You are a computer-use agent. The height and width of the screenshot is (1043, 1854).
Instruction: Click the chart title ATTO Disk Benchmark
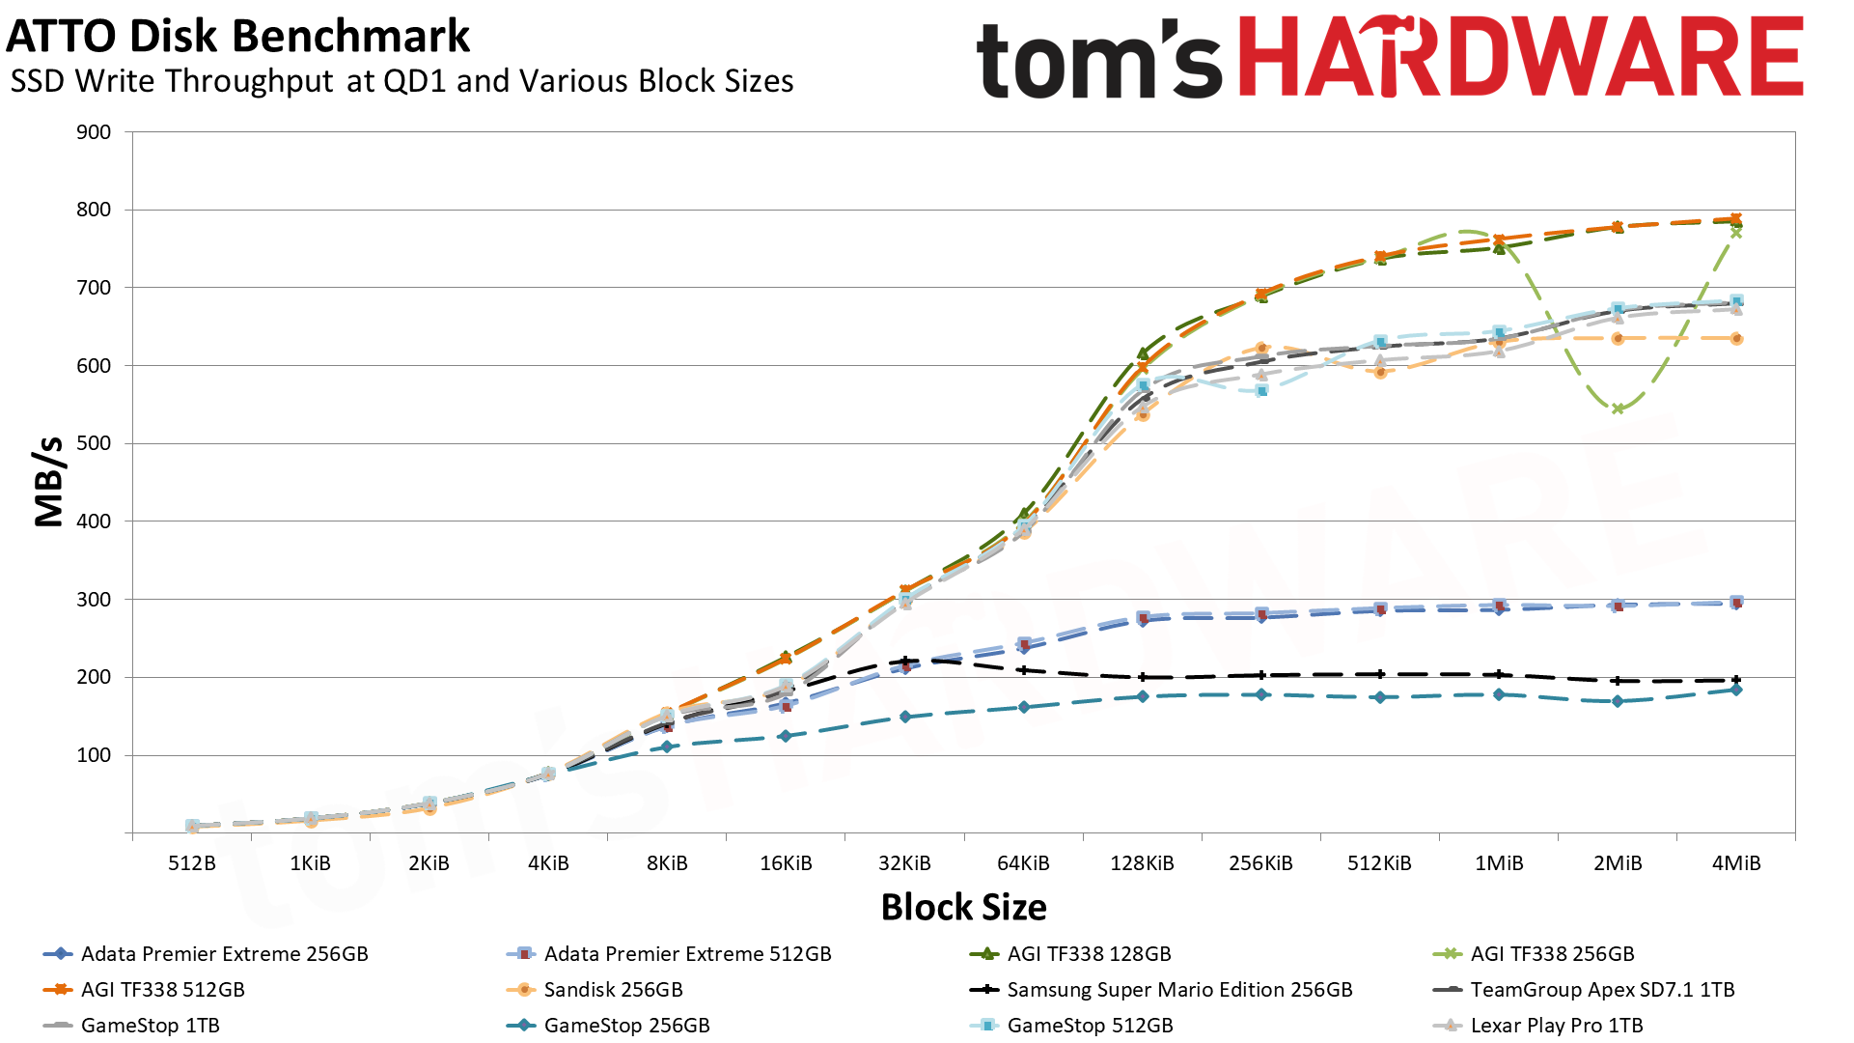(x=237, y=37)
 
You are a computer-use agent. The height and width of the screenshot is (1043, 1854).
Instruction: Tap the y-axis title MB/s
(x=48, y=482)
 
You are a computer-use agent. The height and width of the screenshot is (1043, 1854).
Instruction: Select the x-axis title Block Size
(x=963, y=907)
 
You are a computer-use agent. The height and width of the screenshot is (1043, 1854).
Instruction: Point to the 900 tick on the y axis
(x=94, y=132)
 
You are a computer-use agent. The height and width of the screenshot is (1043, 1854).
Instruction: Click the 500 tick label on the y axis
(x=94, y=443)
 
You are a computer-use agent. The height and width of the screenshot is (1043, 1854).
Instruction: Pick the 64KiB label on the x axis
(x=1023, y=863)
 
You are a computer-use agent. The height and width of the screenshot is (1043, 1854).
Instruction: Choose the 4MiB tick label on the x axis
(x=1735, y=863)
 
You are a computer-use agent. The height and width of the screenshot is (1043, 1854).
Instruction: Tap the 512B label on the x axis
(x=191, y=863)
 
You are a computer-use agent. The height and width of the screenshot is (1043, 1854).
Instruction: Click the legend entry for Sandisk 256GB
(x=613, y=990)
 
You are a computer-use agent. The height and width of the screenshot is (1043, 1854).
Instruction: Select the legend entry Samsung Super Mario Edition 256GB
(x=1179, y=990)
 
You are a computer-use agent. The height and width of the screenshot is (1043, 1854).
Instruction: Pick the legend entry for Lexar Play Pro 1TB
(x=1556, y=1026)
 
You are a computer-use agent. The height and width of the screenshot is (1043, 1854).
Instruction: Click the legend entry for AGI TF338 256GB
(x=1552, y=954)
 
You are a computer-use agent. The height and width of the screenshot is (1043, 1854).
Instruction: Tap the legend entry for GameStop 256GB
(x=626, y=1026)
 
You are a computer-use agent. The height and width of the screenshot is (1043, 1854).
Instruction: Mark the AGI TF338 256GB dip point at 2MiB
(x=1618, y=409)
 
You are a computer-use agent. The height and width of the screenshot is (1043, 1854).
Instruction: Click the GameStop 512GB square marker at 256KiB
(x=1261, y=391)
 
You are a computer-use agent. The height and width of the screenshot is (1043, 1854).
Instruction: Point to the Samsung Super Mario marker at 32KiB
(x=904, y=662)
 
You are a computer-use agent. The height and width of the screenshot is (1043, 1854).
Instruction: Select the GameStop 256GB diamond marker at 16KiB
(x=786, y=736)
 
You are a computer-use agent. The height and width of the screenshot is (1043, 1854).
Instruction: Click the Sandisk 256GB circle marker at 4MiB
(x=1736, y=339)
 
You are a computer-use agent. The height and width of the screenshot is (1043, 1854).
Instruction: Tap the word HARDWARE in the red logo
(x=1520, y=58)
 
